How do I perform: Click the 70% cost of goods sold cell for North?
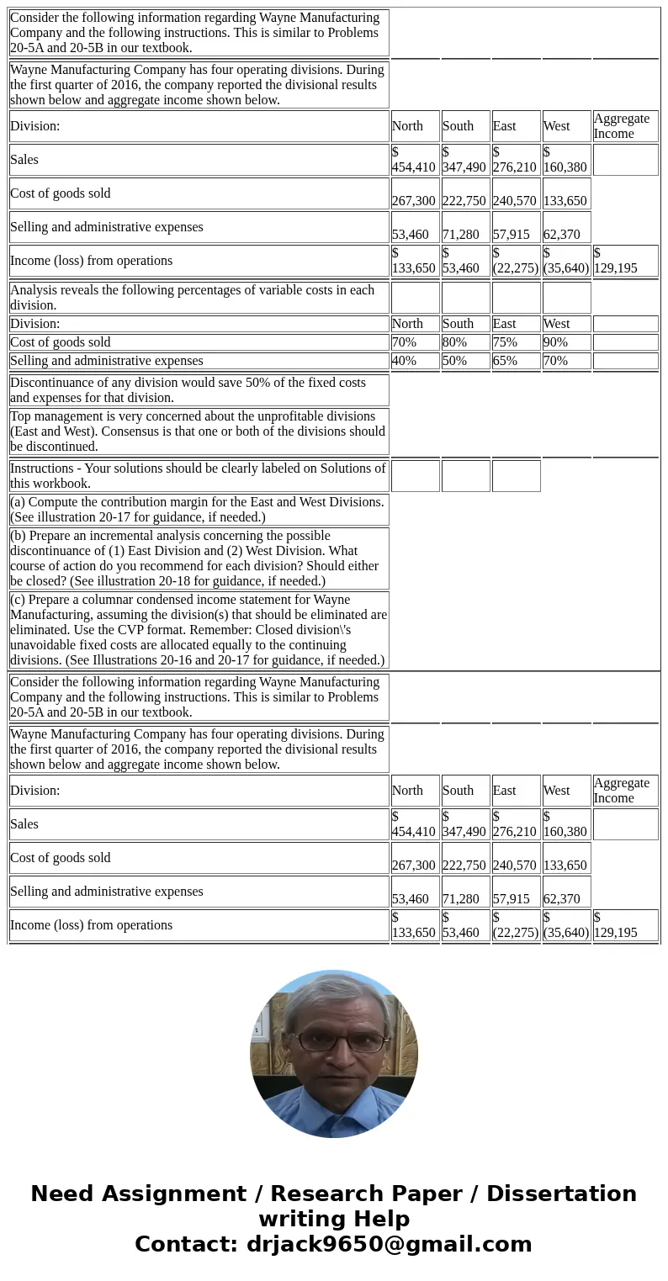point(415,342)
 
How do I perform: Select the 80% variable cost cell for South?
point(465,342)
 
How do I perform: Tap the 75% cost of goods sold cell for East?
point(516,342)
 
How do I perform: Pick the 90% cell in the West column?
point(566,342)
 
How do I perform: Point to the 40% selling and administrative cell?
point(415,361)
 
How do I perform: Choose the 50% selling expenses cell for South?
point(465,361)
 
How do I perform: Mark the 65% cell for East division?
point(516,361)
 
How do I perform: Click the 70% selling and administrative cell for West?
point(566,361)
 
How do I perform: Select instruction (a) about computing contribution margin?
point(199,510)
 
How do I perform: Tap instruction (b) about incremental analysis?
point(199,558)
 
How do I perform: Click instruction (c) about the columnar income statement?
point(199,630)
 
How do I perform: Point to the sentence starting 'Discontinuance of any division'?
point(199,390)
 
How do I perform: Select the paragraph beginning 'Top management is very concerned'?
point(199,431)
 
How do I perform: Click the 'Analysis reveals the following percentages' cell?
point(199,298)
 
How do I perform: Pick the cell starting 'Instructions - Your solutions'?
point(199,476)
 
